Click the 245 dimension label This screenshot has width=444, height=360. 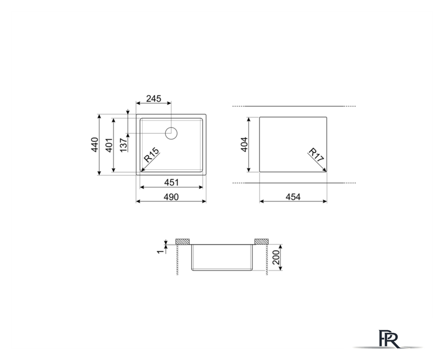(x=153, y=98)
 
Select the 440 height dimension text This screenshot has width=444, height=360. (x=94, y=145)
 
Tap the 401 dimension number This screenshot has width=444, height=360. (x=109, y=145)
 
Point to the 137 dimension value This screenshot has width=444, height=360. (x=124, y=145)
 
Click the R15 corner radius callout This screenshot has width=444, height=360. (x=152, y=155)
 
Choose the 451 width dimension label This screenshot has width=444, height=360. (x=171, y=182)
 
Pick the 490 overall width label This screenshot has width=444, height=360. (x=171, y=197)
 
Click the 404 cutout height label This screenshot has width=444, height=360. (x=244, y=145)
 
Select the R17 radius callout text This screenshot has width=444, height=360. (x=316, y=155)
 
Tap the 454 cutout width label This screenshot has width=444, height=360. (x=293, y=197)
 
